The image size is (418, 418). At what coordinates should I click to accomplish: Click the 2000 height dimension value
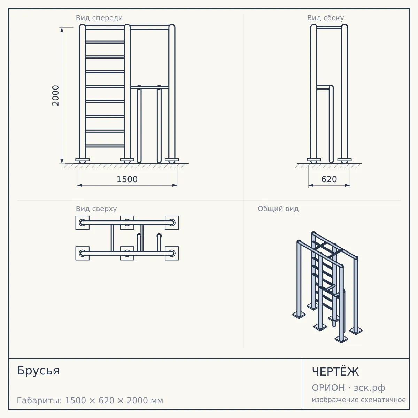(x=55, y=95)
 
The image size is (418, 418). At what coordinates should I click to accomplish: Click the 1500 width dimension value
(x=127, y=179)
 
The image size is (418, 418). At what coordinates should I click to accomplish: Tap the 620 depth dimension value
(x=329, y=179)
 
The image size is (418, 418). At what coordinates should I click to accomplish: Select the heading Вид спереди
(x=99, y=18)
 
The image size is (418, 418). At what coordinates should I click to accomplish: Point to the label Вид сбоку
(x=326, y=18)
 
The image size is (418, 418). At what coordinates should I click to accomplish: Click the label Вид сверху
(x=96, y=209)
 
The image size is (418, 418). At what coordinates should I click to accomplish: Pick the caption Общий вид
(x=278, y=209)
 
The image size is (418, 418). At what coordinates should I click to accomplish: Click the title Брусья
(x=38, y=371)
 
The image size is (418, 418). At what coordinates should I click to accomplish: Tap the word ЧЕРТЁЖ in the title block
(x=335, y=372)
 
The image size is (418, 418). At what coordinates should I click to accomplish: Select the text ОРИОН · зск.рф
(x=348, y=388)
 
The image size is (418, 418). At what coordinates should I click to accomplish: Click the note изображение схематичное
(x=359, y=400)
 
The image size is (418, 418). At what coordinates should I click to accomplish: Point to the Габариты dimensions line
(x=90, y=401)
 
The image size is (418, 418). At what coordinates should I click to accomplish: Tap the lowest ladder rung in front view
(x=105, y=146)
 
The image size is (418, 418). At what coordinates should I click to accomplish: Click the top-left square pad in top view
(x=83, y=223)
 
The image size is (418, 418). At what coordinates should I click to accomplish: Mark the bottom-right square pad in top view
(x=172, y=253)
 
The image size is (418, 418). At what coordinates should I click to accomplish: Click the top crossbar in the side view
(x=329, y=28)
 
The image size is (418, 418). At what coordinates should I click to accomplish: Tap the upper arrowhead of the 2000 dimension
(x=62, y=30)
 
